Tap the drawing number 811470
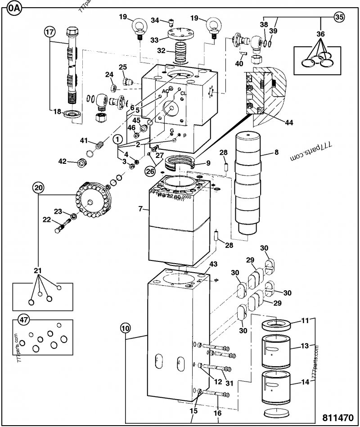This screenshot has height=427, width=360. [338, 417]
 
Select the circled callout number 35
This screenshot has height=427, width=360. [340, 18]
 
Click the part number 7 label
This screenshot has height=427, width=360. [140, 209]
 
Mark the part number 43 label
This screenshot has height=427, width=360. [213, 264]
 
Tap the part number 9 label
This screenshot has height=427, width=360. [207, 163]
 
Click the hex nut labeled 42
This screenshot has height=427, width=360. [82, 163]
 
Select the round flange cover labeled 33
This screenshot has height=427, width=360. [180, 34]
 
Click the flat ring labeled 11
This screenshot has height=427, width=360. [275, 325]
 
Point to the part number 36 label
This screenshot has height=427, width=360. [320, 34]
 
